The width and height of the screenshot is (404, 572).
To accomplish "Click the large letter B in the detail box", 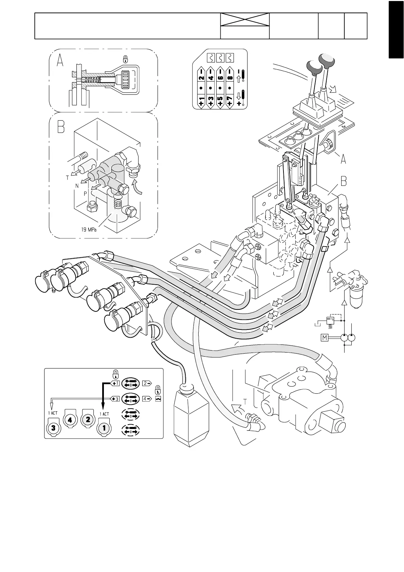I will pyautogui.click(x=61, y=127).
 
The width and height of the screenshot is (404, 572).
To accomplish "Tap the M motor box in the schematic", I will pyautogui.click(x=325, y=338).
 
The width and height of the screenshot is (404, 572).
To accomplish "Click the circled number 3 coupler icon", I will pyautogui.click(x=53, y=428).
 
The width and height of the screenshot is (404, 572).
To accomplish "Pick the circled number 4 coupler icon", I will pyautogui.click(x=70, y=419).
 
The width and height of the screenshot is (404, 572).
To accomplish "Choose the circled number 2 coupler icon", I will pyautogui.click(x=88, y=419).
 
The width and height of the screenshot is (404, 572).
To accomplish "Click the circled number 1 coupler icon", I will pyautogui.click(x=104, y=428).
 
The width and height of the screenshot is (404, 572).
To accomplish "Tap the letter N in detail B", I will pyautogui.click(x=77, y=186).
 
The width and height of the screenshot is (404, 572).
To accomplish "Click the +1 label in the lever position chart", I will pyautogui.click(x=201, y=102).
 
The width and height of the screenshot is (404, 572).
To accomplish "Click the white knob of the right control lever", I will pyautogui.click(x=327, y=60).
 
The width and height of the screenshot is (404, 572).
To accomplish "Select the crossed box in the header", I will pyautogui.click(x=245, y=19).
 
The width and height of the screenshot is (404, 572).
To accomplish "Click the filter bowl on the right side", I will pyautogui.click(x=356, y=298).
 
